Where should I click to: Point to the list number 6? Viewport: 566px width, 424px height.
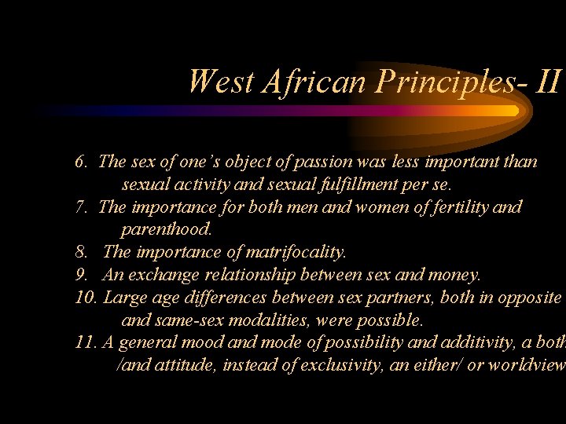coord(81,163)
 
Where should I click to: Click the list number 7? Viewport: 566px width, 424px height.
coord(81,207)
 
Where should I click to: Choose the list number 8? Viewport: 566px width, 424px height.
coord(81,253)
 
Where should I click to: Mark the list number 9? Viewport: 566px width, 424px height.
coord(81,276)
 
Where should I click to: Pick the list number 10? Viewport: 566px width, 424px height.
coord(85,298)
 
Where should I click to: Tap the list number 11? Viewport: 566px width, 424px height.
coord(85,343)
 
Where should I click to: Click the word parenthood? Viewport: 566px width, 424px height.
coord(167,230)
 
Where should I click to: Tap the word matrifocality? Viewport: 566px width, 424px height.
coord(296,253)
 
